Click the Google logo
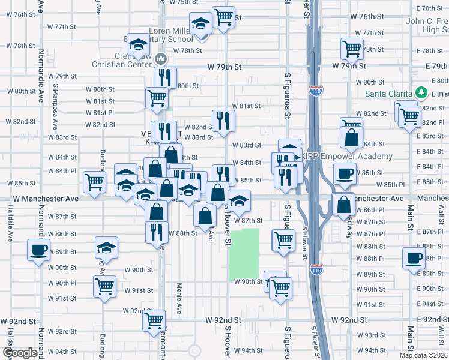19,352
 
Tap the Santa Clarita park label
390,94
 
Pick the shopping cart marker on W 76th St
223,17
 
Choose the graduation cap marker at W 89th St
107,247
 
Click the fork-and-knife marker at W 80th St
165,77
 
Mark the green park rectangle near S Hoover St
244,255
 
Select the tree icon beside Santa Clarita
421,93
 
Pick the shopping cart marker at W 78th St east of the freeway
352,49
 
